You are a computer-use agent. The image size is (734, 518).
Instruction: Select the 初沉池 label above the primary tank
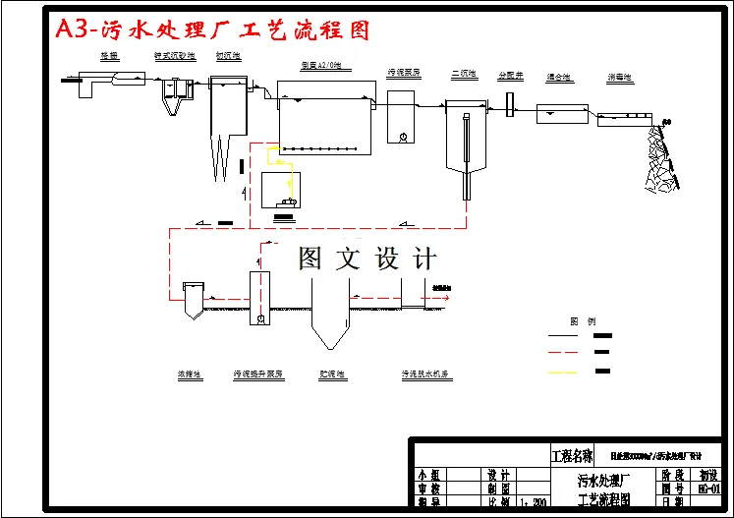tap(230, 57)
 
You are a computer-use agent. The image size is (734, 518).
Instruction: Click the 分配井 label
tap(511, 75)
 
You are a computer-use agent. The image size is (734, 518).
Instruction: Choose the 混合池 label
tap(557, 77)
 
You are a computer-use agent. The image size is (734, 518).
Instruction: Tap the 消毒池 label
tap(619, 77)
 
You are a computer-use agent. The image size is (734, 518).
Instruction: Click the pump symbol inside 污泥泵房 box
tap(403, 138)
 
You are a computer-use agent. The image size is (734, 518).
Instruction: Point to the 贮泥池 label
tap(332, 374)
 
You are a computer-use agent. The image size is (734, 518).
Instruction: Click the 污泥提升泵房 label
tap(258, 374)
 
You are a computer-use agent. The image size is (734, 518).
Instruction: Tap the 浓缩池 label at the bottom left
tap(190, 374)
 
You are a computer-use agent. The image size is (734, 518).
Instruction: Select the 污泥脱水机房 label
tap(425, 374)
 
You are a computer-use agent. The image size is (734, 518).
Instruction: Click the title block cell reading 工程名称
tap(573, 456)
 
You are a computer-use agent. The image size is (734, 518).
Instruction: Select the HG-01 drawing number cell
tap(708, 489)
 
